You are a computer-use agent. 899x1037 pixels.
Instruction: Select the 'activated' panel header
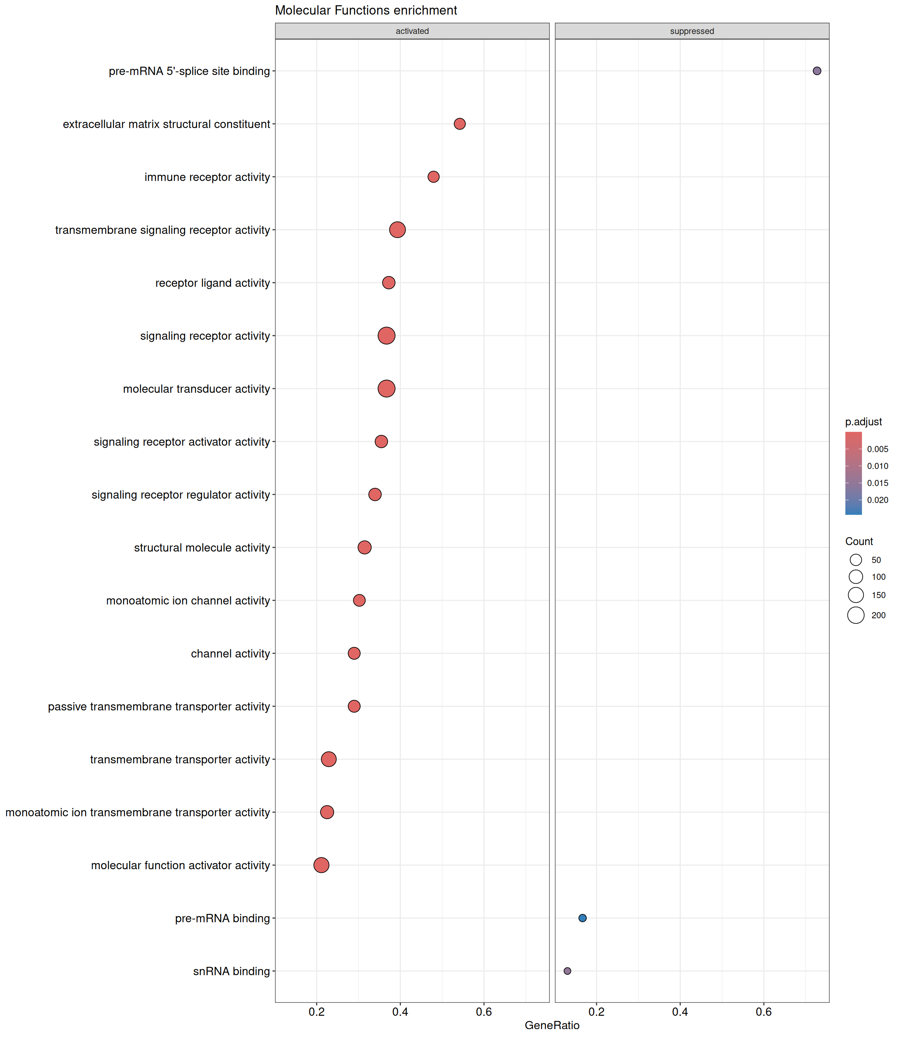[x=412, y=31]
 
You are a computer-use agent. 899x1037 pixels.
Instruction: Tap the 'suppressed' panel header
[x=692, y=31]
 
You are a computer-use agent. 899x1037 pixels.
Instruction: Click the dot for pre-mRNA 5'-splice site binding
[x=817, y=71]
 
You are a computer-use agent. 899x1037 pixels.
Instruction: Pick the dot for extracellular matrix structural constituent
[x=460, y=124]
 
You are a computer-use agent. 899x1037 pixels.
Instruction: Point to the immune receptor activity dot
[x=433, y=176]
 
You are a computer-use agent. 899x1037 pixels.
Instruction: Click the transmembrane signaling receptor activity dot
[x=397, y=230]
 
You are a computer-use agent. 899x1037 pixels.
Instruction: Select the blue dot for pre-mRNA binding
[x=582, y=918]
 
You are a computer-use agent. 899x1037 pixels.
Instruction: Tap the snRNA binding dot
[x=567, y=971]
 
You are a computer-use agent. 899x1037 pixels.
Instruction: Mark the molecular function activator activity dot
[x=322, y=865]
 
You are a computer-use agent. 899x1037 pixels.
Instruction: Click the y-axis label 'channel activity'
[x=230, y=654]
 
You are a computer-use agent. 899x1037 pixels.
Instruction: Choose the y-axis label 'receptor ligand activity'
[x=213, y=283]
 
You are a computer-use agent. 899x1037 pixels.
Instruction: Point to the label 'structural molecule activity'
[x=202, y=548]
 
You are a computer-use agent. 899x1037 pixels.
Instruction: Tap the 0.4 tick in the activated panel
[x=401, y=1011]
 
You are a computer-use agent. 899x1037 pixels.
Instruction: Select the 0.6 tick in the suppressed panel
[x=764, y=1011]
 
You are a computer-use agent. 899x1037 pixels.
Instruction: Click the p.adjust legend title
[x=863, y=422]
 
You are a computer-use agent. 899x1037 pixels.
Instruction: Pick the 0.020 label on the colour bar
[x=877, y=500]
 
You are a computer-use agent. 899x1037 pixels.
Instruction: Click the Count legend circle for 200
[x=856, y=615]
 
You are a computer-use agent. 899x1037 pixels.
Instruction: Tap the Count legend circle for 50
[x=856, y=560]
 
